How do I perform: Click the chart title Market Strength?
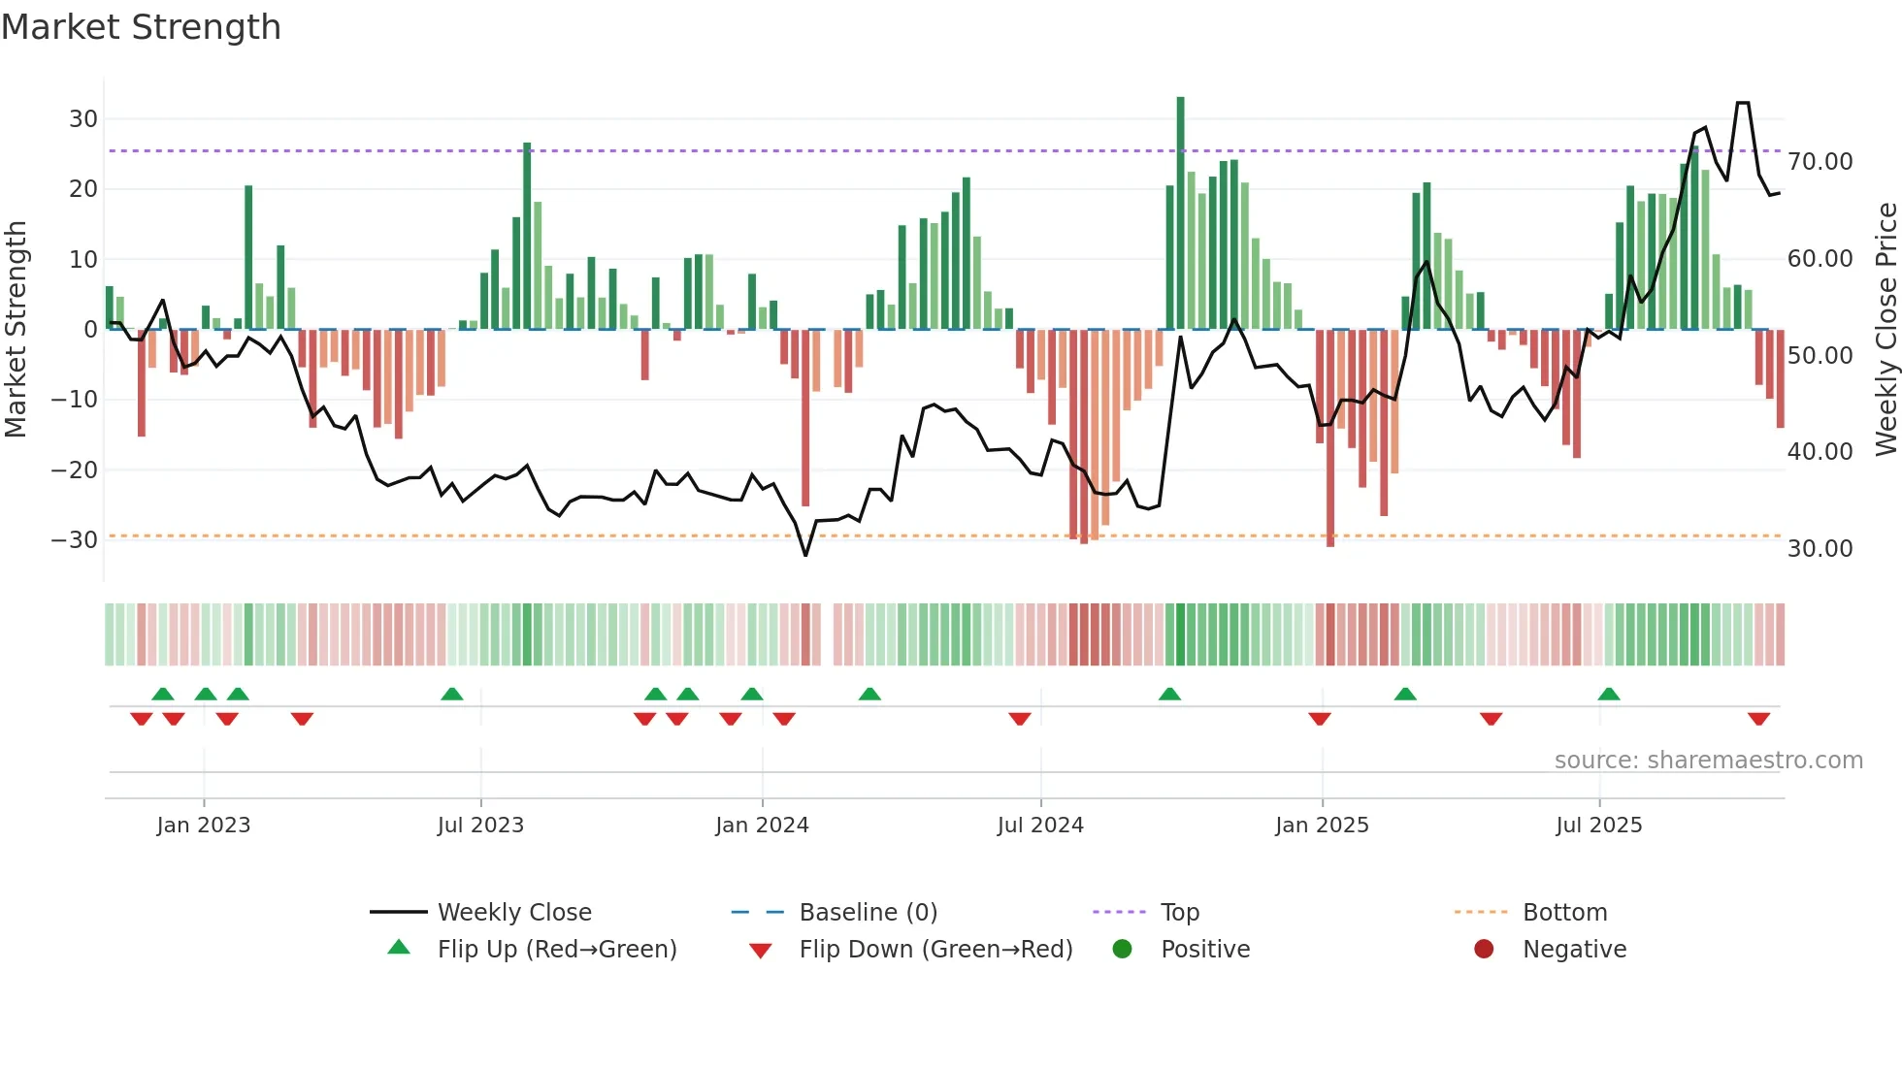click(141, 27)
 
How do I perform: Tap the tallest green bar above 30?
click(1180, 213)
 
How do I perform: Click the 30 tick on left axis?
click(83, 119)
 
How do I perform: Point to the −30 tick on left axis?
click(75, 540)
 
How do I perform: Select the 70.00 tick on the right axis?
click(1820, 162)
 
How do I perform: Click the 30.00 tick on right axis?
click(1820, 549)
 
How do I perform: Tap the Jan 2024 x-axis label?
click(762, 826)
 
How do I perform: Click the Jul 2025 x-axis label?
click(1598, 826)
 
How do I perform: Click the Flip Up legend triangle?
click(399, 948)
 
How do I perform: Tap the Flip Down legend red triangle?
click(761, 951)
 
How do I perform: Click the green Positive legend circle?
click(1122, 949)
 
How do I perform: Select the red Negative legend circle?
click(1484, 949)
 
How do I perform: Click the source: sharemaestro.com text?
click(1708, 761)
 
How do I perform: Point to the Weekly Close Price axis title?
click(1886, 330)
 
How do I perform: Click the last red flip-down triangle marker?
click(1758, 719)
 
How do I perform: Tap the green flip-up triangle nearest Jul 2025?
click(1608, 695)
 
